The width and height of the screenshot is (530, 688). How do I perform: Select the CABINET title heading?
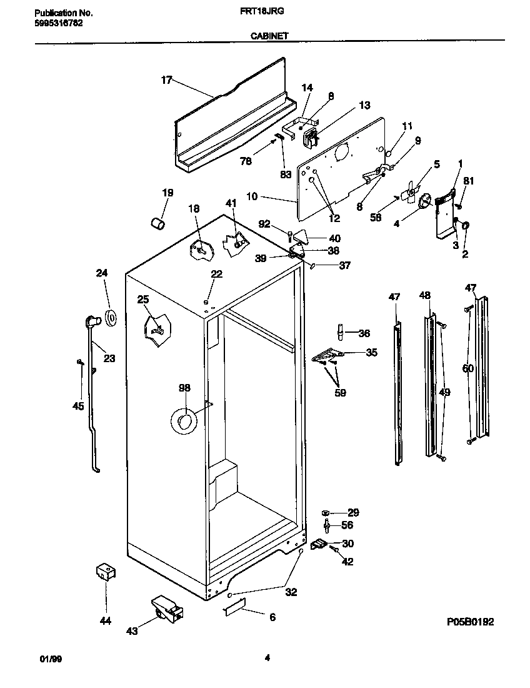(x=269, y=36)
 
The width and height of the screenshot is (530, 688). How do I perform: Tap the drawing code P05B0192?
(x=470, y=622)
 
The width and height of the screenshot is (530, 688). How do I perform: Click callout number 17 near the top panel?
(x=166, y=80)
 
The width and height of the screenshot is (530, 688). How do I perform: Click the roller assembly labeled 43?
(x=166, y=610)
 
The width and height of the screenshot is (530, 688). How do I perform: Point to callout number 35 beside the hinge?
(x=371, y=353)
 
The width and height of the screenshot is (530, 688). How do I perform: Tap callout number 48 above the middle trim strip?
(x=425, y=295)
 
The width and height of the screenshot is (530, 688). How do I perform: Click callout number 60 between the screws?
(x=467, y=368)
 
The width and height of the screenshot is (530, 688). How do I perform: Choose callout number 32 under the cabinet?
(x=291, y=592)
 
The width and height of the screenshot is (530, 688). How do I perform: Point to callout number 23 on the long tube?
(x=109, y=358)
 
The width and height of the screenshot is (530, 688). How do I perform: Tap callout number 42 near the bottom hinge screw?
(x=347, y=562)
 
